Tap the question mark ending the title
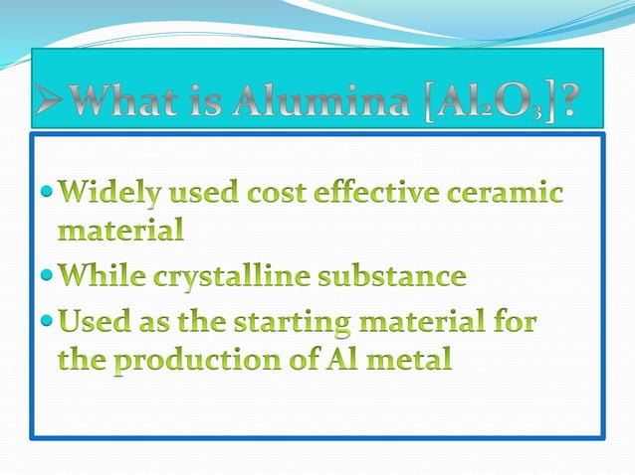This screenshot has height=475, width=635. tap(567, 103)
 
